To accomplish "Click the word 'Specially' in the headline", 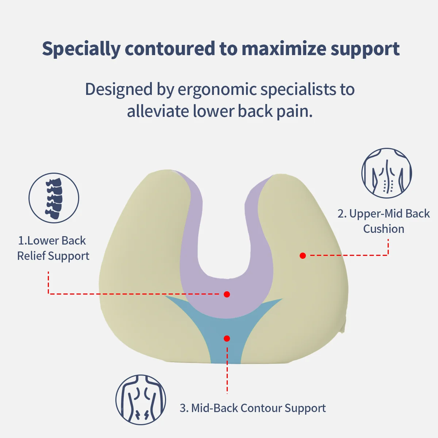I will point(81,49).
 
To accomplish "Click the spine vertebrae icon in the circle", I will point(54,198).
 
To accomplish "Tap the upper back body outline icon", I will point(387,173).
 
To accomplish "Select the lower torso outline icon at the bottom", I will point(141,399).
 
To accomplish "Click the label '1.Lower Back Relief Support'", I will point(53,248).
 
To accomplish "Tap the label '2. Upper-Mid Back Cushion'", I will point(384,221).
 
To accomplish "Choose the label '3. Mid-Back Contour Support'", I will point(253,408).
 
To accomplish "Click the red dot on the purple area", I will point(227,294).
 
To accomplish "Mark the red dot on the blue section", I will point(227,339).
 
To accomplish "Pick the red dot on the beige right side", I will point(303,255).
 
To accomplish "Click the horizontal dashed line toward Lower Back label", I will point(135,294).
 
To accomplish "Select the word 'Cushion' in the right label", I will point(384,229).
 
